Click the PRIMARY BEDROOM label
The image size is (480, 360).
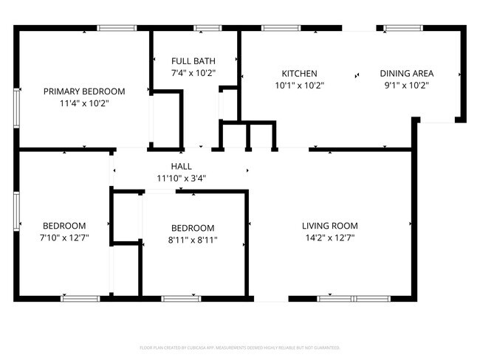tap(84, 91)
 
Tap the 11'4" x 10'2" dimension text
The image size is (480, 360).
tap(84, 103)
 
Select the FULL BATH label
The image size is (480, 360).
tap(193, 60)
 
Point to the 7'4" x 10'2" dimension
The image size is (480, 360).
tap(193, 72)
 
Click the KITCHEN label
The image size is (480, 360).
tap(299, 74)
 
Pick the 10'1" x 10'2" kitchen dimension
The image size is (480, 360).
tap(299, 86)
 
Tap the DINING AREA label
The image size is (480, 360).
tap(406, 74)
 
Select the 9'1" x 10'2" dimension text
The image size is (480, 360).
tap(406, 86)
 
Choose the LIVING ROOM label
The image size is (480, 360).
tap(329, 226)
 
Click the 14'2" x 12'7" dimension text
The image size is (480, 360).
tap(329, 238)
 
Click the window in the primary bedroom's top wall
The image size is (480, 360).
tap(117, 28)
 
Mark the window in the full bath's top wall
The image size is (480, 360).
tap(207, 28)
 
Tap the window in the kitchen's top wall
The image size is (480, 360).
tap(281, 28)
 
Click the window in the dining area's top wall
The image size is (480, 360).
tap(402, 28)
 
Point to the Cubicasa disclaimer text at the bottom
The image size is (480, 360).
tap(240, 347)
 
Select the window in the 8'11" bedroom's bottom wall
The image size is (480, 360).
tap(181, 299)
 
